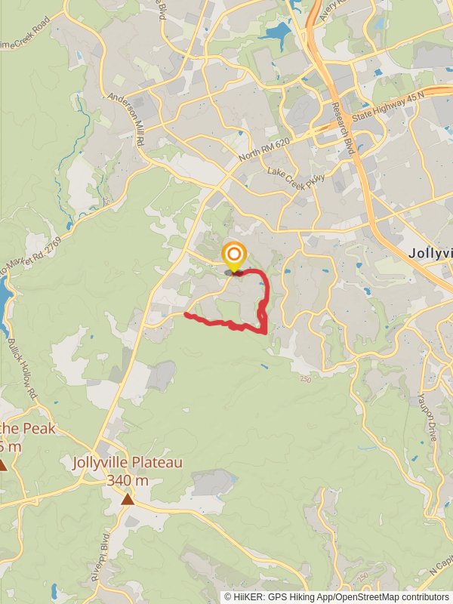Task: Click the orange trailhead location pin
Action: pyautogui.click(x=234, y=255)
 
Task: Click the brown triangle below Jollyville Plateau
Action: pyautogui.click(x=128, y=499)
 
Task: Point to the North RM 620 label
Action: pyautogui.click(x=263, y=146)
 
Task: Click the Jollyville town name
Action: pyautogui.click(x=430, y=254)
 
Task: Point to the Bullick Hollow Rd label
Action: pyautogui.click(x=22, y=368)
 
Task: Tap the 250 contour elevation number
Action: pyautogui.click(x=304, y=379)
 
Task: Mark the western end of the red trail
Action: pyautogui.click(x=186, y=315)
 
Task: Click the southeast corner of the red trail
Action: pyautogui.click(x=266, y=331)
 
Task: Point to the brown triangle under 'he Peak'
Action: pyautogui.click(x=3, y=465)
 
